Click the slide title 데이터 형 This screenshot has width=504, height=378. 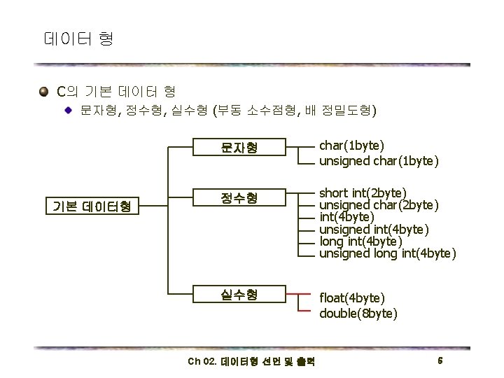(78, 38)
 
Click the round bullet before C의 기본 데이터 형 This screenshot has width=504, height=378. (45, 92)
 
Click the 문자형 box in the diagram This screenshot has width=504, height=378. (239, 147)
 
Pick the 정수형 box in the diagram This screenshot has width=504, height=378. (239, 198)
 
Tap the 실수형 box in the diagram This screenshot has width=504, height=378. (239, 294)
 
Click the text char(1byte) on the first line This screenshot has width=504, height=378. (351, 146)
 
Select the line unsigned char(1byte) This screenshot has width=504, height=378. (379, 162)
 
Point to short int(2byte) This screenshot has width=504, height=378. (363, 192)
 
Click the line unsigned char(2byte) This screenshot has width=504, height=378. (379, 205)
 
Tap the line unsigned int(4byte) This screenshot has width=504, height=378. (374, 229)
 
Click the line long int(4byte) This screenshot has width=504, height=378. (360, 241)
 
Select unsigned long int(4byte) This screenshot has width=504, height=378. (388, 253)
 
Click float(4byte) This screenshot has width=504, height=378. (352, 297)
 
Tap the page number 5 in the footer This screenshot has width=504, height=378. (440, 360)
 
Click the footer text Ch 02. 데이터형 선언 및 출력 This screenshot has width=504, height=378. (251, 362)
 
